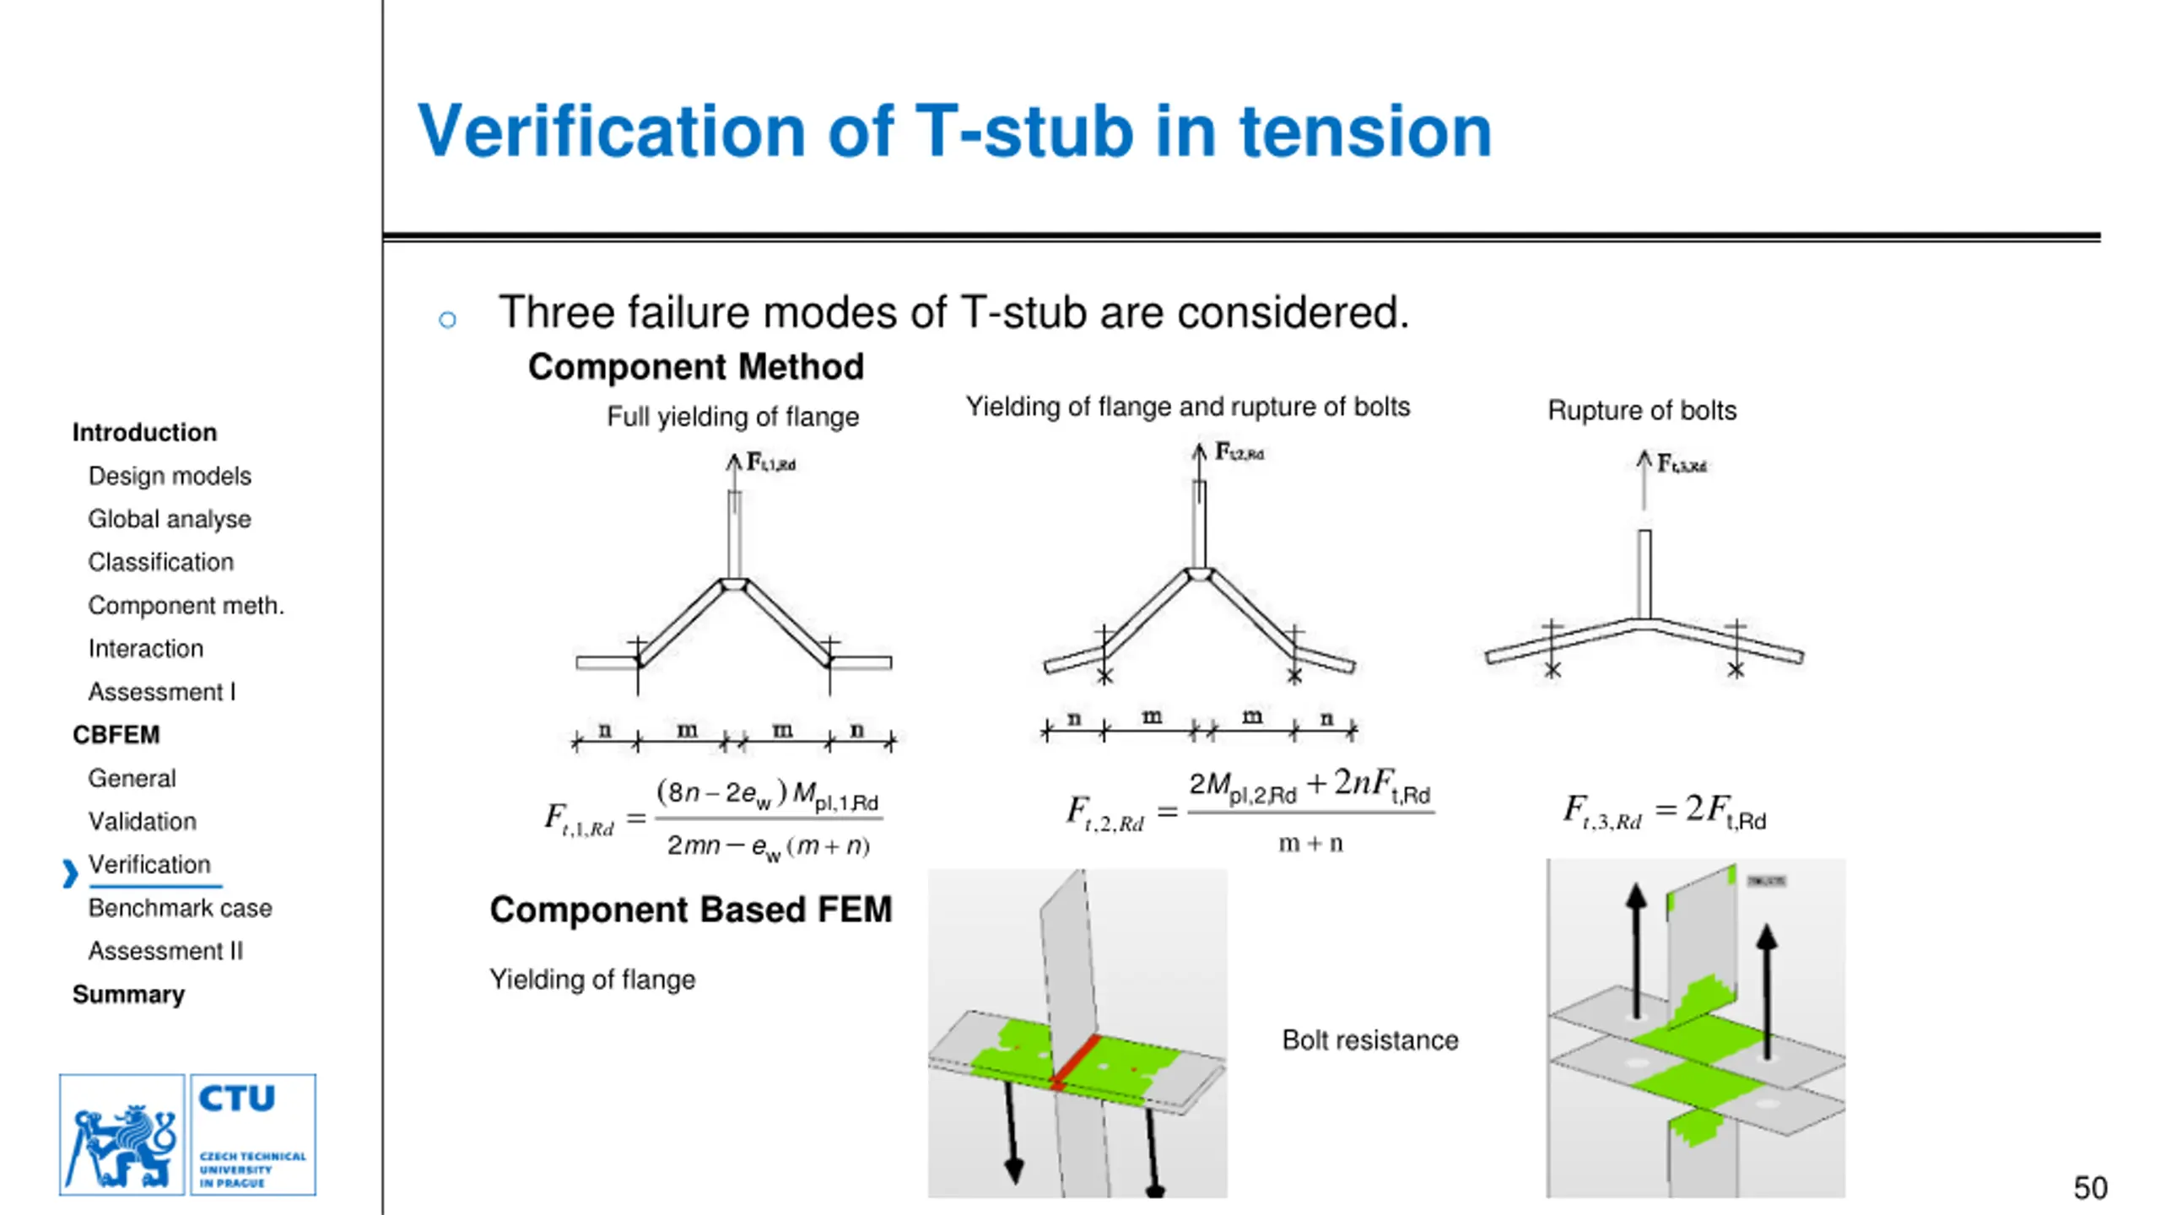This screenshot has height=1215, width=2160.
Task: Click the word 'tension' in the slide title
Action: [1365, 132]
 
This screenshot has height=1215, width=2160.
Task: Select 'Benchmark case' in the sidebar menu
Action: [180, 908]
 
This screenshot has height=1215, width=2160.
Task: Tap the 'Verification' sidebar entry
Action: [149, 865]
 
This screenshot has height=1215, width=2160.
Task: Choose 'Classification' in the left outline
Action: [160, 562]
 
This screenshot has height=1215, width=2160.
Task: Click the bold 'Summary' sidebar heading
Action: [128, 994]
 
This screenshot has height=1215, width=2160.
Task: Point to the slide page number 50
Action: [2090, 1188]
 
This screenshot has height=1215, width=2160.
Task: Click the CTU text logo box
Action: [253, 1134]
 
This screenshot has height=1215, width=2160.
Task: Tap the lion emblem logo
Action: [122, 1134]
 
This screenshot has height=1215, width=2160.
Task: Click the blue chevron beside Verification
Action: [70, 873]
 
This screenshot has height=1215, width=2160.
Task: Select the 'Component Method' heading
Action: [696, 367]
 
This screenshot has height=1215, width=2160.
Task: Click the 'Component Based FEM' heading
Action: [690, 910]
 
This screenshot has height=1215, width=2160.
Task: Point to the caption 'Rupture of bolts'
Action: [1641, 411]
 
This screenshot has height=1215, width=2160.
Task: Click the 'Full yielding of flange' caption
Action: [732, 417]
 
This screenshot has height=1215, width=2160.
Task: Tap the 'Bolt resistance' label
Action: [1369, 1040]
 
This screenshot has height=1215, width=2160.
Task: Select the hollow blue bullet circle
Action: [447, 320]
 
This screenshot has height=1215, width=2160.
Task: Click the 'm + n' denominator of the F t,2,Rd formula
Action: [1309, 844]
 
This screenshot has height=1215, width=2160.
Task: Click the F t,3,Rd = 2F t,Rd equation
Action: [1664, 811]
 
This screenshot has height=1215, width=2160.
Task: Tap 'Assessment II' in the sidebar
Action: [165, 951]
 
